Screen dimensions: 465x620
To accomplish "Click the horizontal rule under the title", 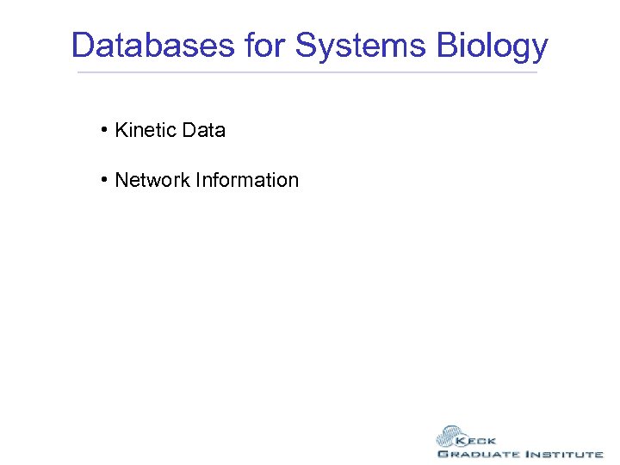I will point(307,72).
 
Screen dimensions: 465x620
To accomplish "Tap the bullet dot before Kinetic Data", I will point(102,130).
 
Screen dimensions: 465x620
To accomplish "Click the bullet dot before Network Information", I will point(102,180).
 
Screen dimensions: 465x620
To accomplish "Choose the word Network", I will point(152,180).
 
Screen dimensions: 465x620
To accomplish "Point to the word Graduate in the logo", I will point(478,454).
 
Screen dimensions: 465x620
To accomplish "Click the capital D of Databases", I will point(83,46).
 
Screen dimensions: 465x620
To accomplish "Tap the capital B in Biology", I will point(449,46).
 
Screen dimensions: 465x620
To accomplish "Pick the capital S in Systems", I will point(307,46).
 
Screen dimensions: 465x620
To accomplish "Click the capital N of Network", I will point(121,180).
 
